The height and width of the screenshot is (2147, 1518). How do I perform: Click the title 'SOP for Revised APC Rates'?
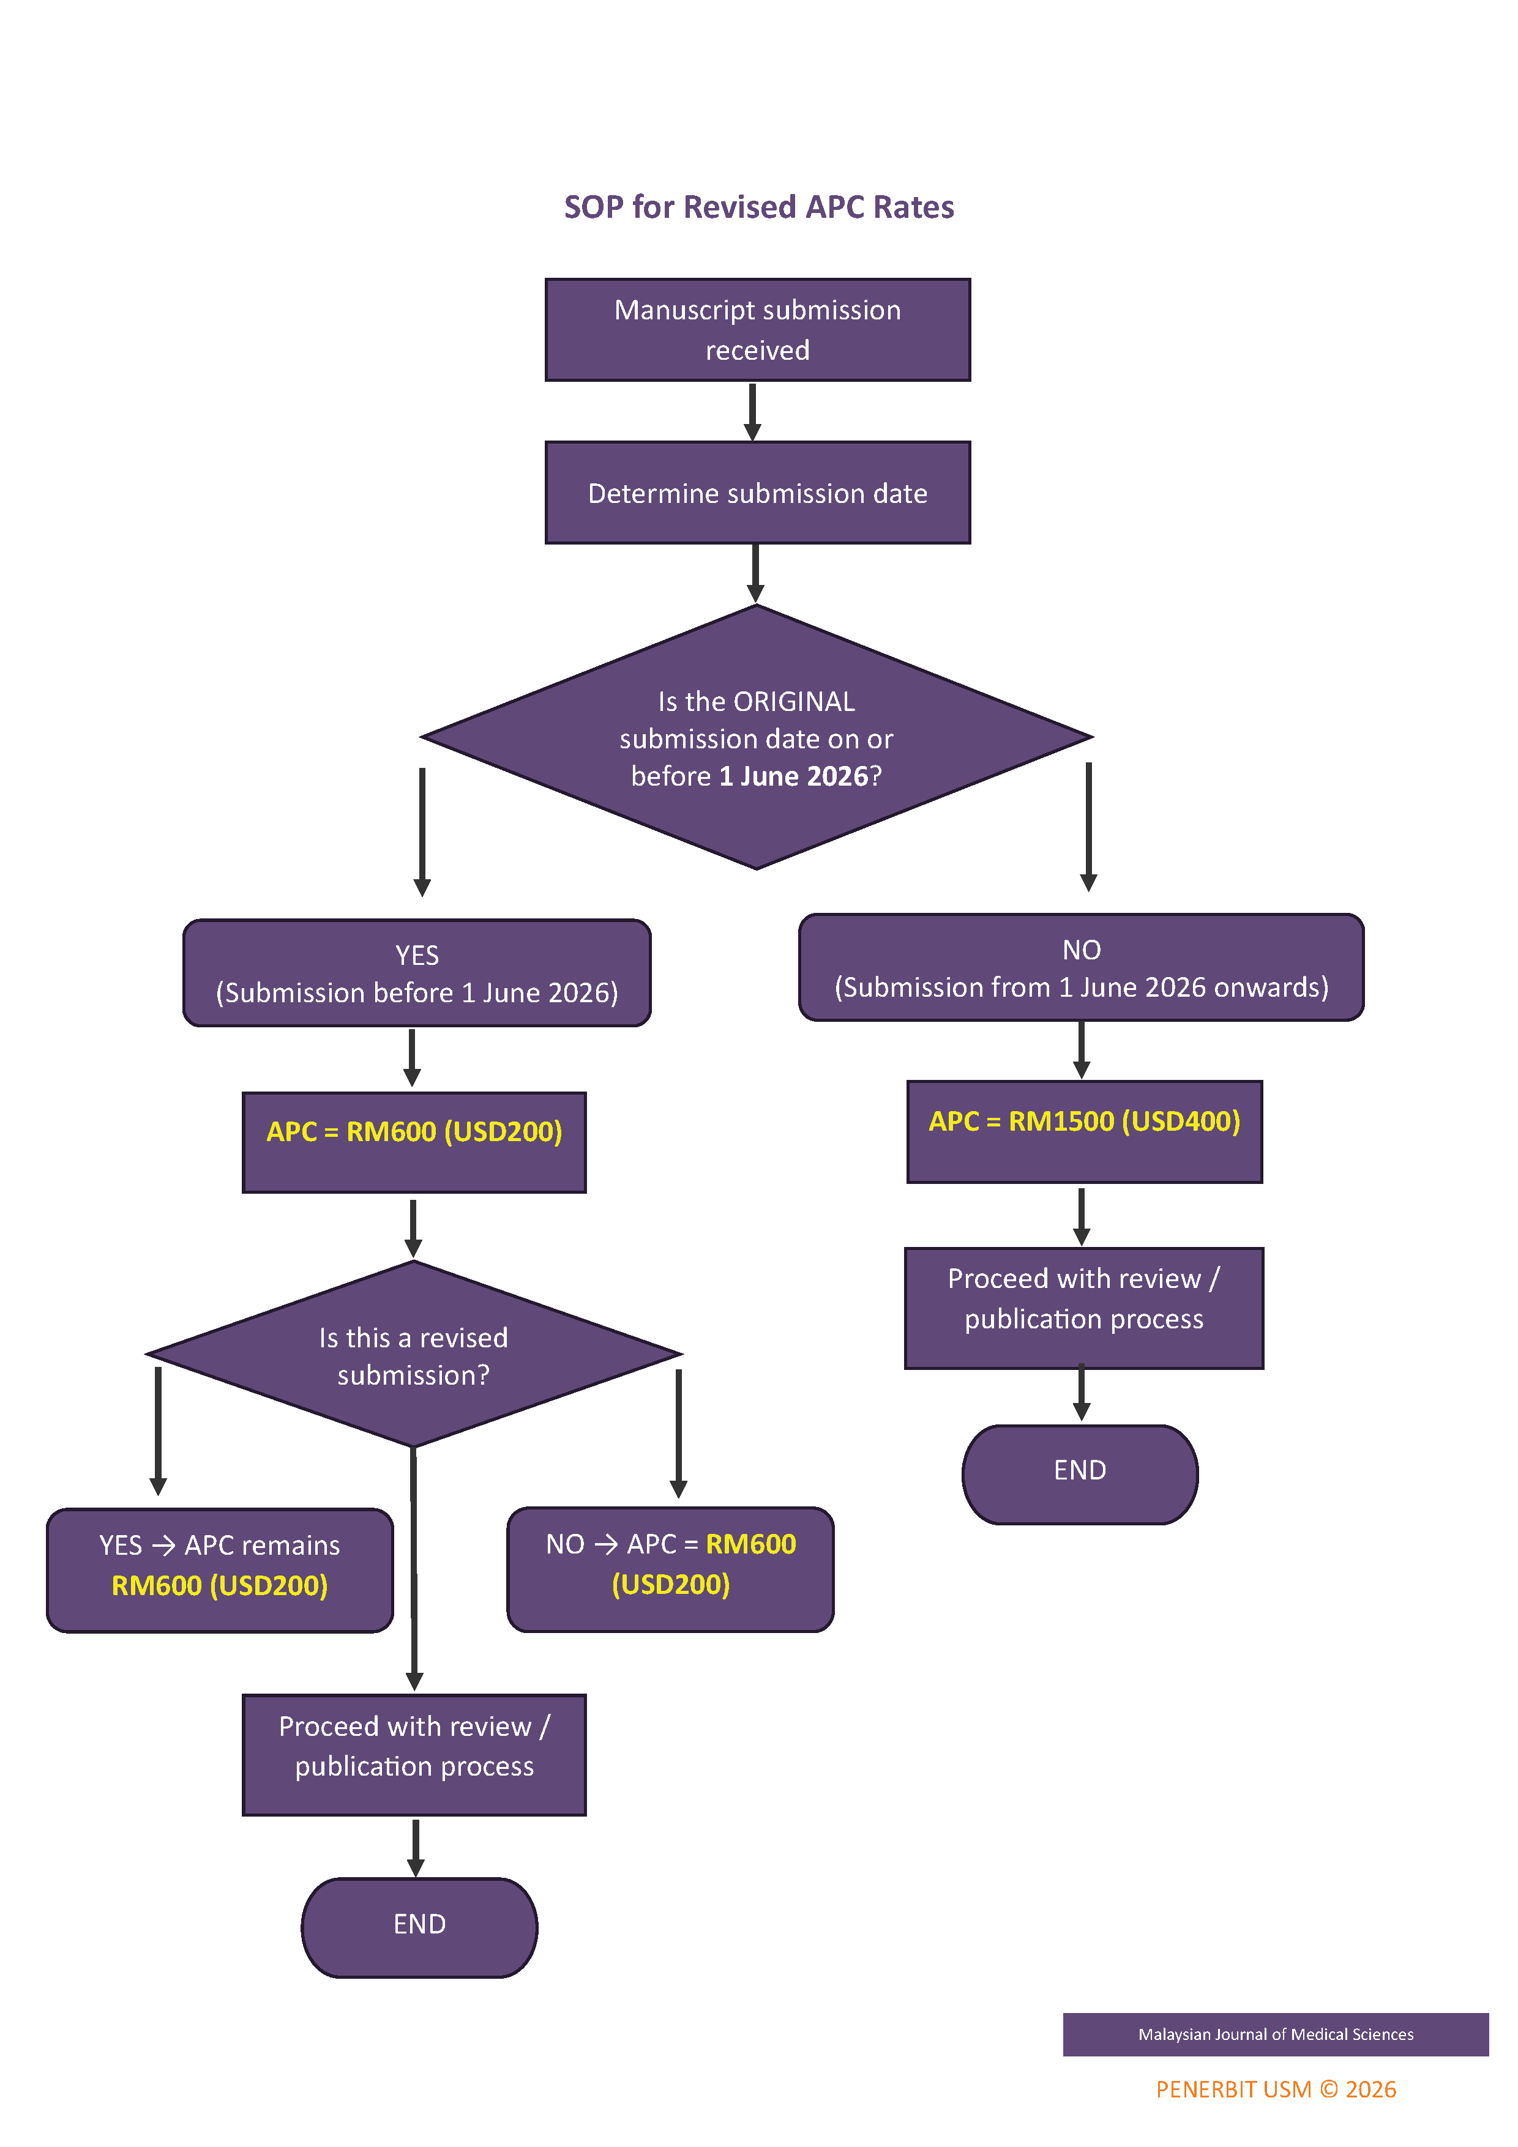coord(758,207)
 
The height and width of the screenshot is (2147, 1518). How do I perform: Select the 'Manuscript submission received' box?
coord(758,330)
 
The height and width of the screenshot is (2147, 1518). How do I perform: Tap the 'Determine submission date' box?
coord(758,493)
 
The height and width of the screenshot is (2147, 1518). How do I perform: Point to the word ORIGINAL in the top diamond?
coord(794,701)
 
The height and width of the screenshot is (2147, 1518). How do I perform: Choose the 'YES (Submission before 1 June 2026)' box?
coord(417,973)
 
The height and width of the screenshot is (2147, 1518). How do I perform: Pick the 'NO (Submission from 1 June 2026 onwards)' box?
coord(1081,968)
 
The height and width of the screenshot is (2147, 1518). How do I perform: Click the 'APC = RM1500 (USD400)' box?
coord(1084,1131)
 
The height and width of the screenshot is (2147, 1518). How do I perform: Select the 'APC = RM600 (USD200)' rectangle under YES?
coord(414,1142)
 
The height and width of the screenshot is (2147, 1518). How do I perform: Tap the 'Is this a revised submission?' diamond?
coord(413,1355)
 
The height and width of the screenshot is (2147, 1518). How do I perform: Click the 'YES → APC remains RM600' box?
coord(220,1570)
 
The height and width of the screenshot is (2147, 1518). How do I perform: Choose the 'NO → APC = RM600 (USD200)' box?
coord(671,1569)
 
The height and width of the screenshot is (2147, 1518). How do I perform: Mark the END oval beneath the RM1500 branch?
coord(1080,1475)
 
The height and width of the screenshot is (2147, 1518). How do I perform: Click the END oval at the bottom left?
coord(419,1927)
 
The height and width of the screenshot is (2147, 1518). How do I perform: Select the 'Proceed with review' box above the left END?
coord(414,1754)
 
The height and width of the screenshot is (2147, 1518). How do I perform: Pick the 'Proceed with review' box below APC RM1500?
coord(1084,1308)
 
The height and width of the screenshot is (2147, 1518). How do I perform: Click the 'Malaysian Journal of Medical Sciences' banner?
coord(1275,2034)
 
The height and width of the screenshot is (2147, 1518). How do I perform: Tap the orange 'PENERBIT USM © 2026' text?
coord(1276,2089)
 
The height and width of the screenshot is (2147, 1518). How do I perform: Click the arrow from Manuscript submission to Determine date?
coord(752,411)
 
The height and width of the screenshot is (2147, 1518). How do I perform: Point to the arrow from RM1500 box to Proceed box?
coord(1081,1216)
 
